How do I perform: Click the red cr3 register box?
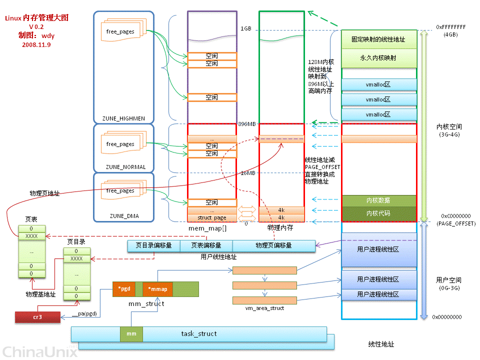click(x=37, y=317)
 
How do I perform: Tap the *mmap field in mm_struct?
click(x=158, y=289)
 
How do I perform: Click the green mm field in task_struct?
click(x=131, y=333)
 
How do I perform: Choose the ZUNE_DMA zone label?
click(x=124, y=216)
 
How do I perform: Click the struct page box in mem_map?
click(x=212, y=218)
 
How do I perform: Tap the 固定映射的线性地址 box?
click(x=378, y=39)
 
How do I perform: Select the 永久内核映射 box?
click(x=378, y=58)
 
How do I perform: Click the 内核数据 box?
click(x=378, y=200)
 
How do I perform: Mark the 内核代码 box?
click(x=378, y=213)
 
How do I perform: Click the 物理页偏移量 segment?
click(x=273, y=245)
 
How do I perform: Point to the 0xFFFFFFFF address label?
click(x=450, y=26)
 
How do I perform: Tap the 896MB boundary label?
click(x=247, y=124)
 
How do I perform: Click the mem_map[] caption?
click(x=207, y=228)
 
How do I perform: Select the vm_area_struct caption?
click(x=264, y=308)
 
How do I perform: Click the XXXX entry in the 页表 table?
click(x=31, y=235)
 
